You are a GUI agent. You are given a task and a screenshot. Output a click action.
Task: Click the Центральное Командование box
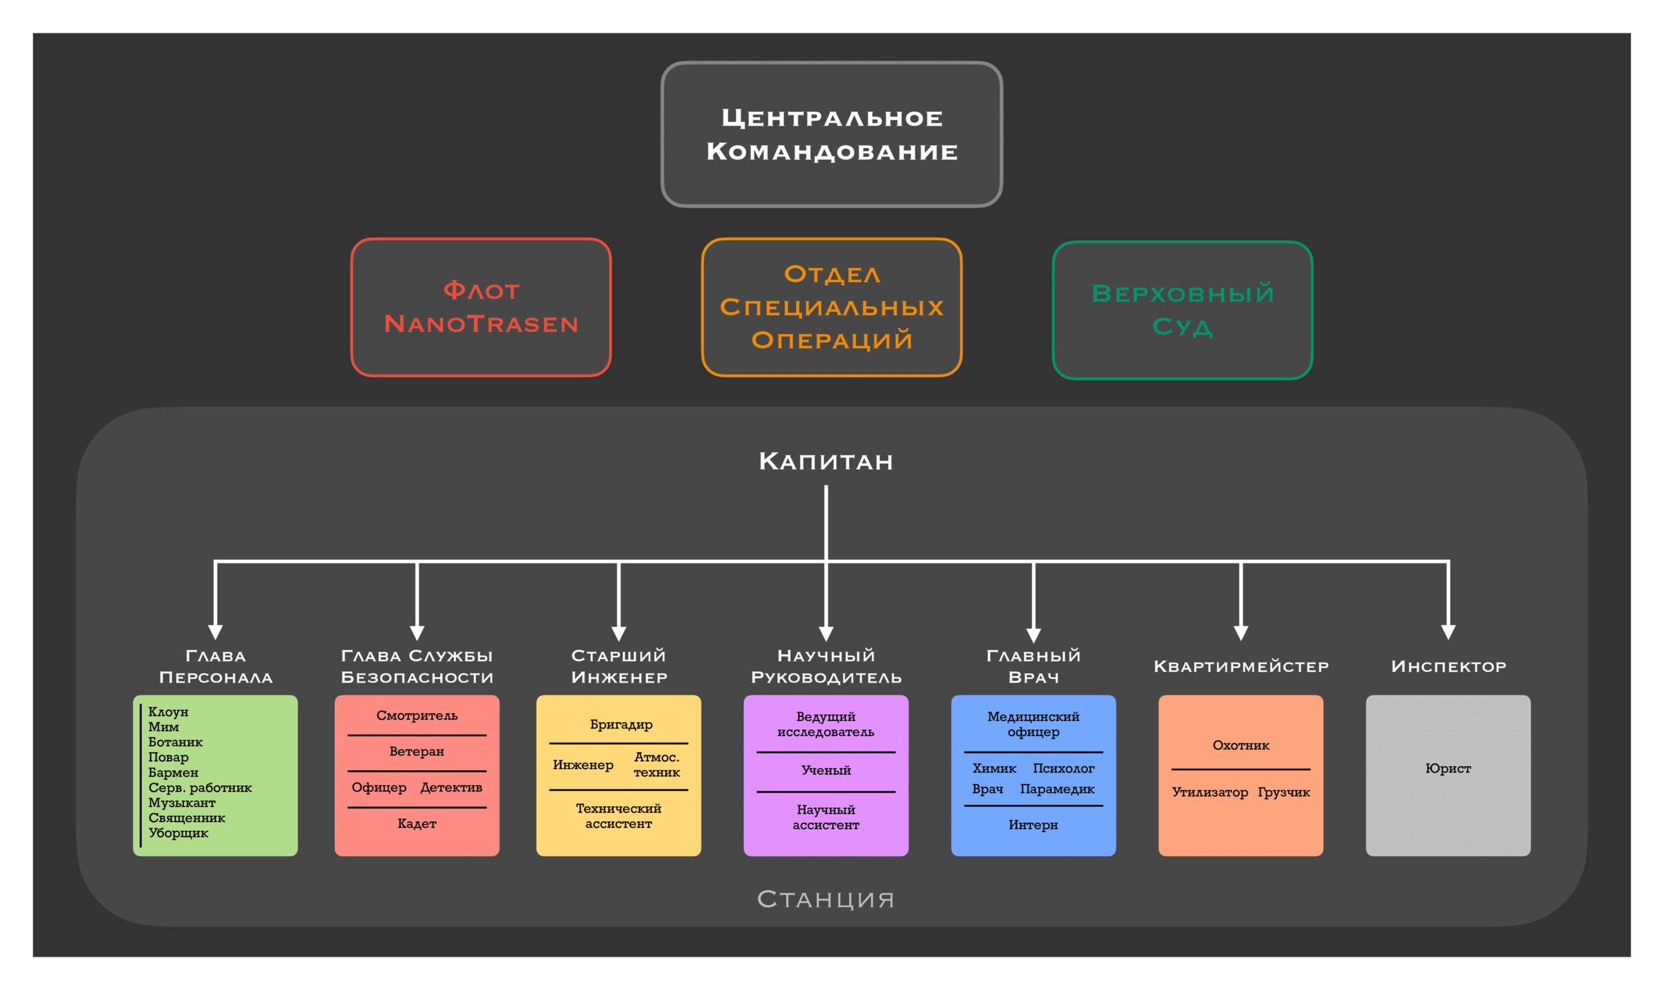click(x=832, y=134)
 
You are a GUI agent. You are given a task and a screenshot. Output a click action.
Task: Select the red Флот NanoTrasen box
click(x=481, y=308)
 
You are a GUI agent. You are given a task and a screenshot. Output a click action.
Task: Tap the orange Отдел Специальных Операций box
click(x=832, y=308)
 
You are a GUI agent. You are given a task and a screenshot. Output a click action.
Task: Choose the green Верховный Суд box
click(x=1183, y=310)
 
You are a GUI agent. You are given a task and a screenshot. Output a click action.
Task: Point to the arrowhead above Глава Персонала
click(x=216, y=631)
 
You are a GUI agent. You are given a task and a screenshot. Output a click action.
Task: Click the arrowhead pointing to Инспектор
click(x=1448, y=631)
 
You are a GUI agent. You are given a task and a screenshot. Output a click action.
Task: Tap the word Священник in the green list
click(x=187, y=818)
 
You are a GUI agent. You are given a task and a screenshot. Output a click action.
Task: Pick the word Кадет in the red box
click(x=417, y=824)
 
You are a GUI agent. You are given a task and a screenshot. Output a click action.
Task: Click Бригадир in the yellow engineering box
click(x=621, y=725)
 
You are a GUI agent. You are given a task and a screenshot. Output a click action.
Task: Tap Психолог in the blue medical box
click(x=1063, y=769)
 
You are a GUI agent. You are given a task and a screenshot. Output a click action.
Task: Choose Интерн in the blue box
click(x=1033, y=825)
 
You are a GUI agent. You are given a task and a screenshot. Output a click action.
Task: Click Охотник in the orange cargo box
click(x=1241, y=746)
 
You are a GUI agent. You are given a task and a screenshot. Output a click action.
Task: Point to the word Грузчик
click(x=1284, y=793)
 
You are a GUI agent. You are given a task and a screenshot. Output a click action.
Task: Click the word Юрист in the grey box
click(x=1448, y=769)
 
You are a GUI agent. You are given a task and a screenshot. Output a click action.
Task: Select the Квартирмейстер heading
click(x=1241, y=666)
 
